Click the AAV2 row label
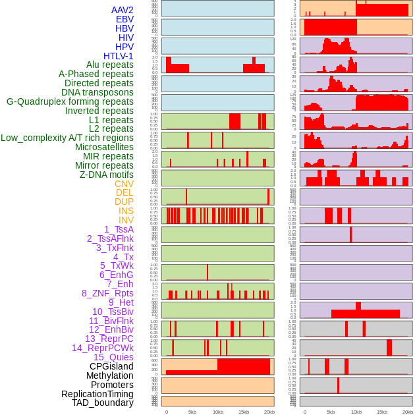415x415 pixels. point(123,10)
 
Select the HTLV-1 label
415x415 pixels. point(119,56)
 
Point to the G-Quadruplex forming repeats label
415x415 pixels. point(70,101)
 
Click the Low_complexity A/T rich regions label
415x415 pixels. point(67,138)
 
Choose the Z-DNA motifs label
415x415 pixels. point(107,175)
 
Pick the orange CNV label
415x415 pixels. point(124,184)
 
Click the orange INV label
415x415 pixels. point(126,220)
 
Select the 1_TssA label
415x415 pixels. point(119,229)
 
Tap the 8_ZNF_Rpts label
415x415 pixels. point(107,293)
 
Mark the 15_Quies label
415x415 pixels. point(113,357)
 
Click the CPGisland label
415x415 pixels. point(111,366)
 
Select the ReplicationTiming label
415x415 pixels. point(97,394)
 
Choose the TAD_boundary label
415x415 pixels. point(103,402)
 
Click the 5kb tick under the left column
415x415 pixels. point(192,412)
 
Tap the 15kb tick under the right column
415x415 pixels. point(382,412)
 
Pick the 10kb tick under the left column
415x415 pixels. point(218,412)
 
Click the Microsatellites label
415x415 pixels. point(104,147)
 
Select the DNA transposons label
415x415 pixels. point(97,92)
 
